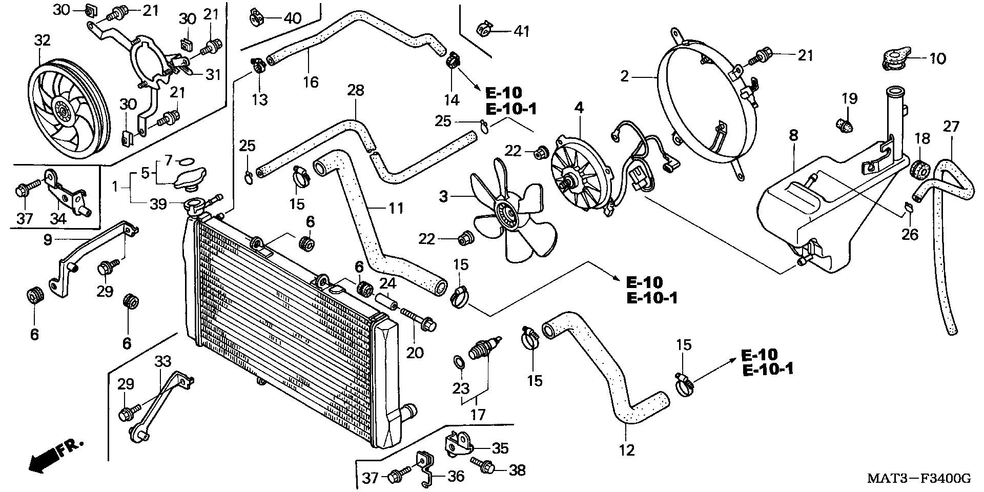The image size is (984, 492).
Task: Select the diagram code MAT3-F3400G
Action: point(919,479)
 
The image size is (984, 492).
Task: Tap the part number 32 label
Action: point(43,40)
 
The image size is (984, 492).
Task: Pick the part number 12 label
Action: point(627,450)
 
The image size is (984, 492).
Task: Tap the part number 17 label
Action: point(478,414)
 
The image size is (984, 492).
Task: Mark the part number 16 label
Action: point(311,82)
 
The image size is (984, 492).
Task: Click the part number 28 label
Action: point(355,90)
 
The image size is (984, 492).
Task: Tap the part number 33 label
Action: point(163,361)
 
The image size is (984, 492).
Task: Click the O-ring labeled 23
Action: point(460,363)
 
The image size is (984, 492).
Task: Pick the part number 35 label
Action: point(500,448)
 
